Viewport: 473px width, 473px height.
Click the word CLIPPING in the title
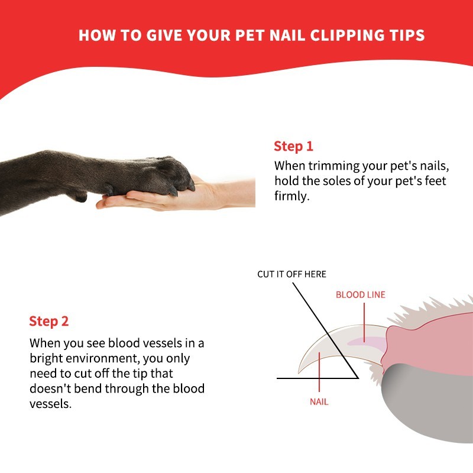(347, 35)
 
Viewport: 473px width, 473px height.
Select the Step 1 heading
(293, 146)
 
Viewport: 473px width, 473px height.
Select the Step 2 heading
(49, 321)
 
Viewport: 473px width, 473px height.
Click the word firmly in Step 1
(291, 196)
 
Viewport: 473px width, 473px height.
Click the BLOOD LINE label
(361, 294)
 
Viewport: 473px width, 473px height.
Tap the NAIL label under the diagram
(319, 402)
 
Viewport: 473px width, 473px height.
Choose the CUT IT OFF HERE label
(291, 274)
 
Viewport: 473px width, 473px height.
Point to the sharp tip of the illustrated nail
(299, 372)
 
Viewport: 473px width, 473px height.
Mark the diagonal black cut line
(325, 331)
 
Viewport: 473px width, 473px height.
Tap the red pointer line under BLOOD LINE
(364, 322)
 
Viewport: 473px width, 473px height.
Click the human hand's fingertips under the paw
(102, 205)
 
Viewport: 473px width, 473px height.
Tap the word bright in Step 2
(46, 358)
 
